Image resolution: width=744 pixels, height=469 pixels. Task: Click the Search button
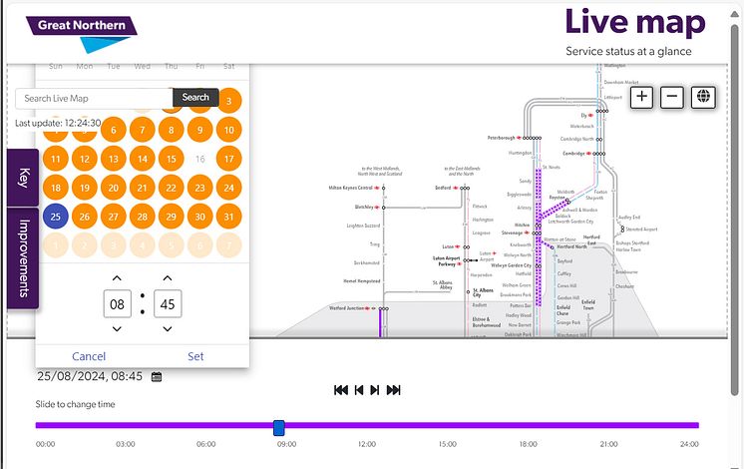(195, 98)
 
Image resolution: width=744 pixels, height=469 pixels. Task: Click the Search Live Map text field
(93, 99)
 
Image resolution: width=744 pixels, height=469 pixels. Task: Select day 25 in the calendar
(57, 217)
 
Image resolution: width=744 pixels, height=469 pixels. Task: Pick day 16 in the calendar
(200, 159)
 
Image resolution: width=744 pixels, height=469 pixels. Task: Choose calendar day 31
(229, 217)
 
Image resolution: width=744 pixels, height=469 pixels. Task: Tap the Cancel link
(89, 356)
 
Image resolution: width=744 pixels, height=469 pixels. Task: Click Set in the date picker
(195, 356)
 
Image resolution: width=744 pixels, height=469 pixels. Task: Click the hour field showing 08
(117, 302)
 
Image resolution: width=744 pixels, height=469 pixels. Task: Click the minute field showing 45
(168, 302)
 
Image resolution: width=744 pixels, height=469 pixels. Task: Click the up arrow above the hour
(117, 277)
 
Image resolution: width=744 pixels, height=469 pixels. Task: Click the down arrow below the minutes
(168, 328)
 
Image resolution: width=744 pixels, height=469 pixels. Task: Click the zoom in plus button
(641, 97)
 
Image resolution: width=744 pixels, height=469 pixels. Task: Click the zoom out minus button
(672, 97)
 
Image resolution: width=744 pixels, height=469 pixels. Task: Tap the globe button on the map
(704, 97)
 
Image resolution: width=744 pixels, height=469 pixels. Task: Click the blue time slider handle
(279, 427)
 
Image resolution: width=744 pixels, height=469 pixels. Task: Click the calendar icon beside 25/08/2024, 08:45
(157, 377)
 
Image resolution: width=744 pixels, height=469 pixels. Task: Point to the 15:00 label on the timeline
(448, 444)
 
